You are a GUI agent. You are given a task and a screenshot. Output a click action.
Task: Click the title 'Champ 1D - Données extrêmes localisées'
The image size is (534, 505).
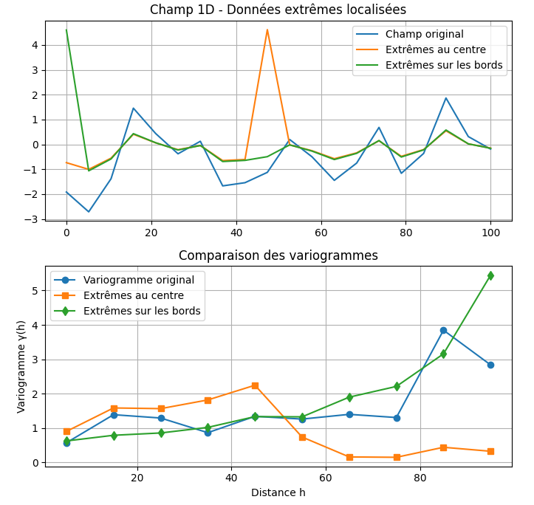(278, 10)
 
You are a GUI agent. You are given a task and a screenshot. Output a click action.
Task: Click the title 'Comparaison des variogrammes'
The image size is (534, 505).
(278, 255)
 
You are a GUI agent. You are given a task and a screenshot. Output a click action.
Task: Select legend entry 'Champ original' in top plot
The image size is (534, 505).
(424, 34)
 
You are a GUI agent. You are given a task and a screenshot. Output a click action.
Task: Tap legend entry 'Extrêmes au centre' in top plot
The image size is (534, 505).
(435, 49)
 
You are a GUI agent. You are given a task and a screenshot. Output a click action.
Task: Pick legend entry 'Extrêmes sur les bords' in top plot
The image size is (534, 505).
(443, 65)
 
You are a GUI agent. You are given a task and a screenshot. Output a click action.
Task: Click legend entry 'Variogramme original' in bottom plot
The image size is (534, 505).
(138, 280)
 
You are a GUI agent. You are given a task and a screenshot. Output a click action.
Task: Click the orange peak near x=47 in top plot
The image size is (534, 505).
(267, 30)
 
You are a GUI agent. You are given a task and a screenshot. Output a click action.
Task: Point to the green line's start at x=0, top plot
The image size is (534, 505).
(66, 30)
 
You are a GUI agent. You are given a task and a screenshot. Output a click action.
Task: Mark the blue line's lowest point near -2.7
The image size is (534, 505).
(89, 212)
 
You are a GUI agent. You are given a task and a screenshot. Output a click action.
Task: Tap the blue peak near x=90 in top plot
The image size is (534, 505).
(446, 98)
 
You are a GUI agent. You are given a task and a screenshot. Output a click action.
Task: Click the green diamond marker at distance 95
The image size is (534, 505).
(490, 275)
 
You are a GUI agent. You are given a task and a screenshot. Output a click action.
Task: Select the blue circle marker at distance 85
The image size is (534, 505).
(443, 330)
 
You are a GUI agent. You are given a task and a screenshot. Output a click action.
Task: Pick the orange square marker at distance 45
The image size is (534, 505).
(255, 385)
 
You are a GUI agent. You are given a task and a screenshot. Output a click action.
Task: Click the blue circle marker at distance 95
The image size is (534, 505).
(490, 365)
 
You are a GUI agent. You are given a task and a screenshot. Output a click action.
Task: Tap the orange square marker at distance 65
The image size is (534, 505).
(349, 457)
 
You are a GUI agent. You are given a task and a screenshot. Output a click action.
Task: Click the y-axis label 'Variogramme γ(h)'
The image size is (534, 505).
(21, 366)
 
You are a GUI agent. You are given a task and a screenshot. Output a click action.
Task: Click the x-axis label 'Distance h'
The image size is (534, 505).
(278, 492)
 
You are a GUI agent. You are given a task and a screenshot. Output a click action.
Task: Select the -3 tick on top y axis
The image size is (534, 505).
(33, 219)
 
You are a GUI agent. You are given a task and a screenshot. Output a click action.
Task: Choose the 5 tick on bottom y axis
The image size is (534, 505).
(35, 291)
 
